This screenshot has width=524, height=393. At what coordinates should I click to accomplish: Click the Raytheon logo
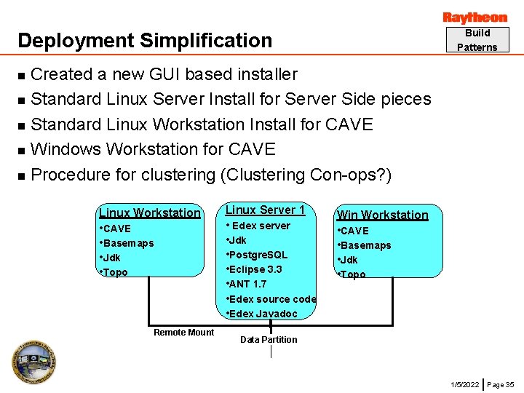click(x=475, y=17)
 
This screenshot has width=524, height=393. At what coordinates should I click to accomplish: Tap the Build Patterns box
click(x=477, y=40)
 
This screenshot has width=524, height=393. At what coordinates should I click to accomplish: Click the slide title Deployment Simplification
click(x=145, y=41)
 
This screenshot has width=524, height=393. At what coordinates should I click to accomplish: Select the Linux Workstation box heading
click(x=149, y=213)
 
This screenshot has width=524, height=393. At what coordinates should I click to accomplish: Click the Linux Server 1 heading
click(x=265, y=210)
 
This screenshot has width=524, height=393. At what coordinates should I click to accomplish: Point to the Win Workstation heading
click(x=383, y=215)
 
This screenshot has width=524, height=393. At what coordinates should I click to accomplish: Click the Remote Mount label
click(x=184, y=333)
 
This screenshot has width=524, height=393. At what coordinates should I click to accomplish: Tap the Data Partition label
click(x=269, y=339)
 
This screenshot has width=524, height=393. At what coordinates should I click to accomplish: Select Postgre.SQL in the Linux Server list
click(x=258, y=255)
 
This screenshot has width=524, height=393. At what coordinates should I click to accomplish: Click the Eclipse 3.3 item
click(x=255, y=269)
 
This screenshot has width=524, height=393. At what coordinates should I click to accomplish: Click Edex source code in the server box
click(x=272, y=299)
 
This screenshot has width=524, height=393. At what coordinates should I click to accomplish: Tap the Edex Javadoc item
click(x=263, y=314)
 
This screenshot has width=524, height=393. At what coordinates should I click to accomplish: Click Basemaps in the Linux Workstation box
click(x=128, y=243)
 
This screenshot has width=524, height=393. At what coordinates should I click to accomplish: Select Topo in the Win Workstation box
click(x=353, y=274)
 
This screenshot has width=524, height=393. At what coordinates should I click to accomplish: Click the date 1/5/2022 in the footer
click(x=465, y=384)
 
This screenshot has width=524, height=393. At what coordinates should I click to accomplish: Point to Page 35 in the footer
click(x=501, y=384)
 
